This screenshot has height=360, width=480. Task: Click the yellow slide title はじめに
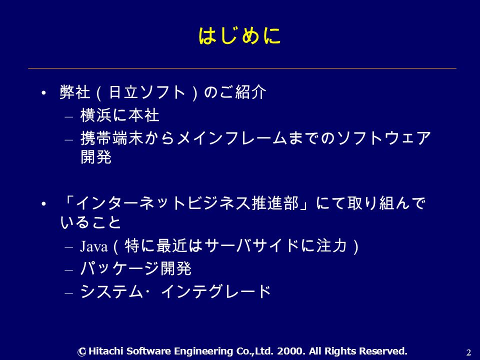point(239,36)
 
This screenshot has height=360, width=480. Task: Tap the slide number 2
point(468,352)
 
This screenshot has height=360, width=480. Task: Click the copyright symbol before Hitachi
point(81,351)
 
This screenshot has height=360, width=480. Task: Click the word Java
point(94,246)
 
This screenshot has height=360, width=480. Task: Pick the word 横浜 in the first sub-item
point(96,115)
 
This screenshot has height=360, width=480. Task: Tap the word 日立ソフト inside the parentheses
point(147,92)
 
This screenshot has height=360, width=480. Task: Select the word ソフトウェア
point(384,138)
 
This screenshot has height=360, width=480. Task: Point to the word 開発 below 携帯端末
point(96,156)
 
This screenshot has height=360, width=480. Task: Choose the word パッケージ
point(120,268)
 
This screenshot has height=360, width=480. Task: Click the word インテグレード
point(216,291)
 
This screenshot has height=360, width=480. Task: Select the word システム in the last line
point(111,291)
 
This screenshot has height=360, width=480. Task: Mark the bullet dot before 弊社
point(44,93)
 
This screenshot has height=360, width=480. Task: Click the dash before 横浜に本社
point(69,117)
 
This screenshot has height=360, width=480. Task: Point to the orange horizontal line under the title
point(242,68)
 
